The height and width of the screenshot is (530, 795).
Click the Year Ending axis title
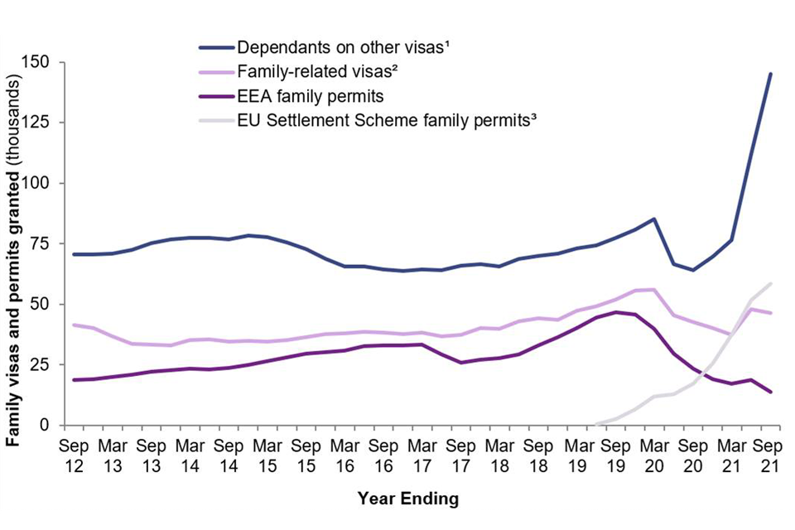[x=407, y=499]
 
